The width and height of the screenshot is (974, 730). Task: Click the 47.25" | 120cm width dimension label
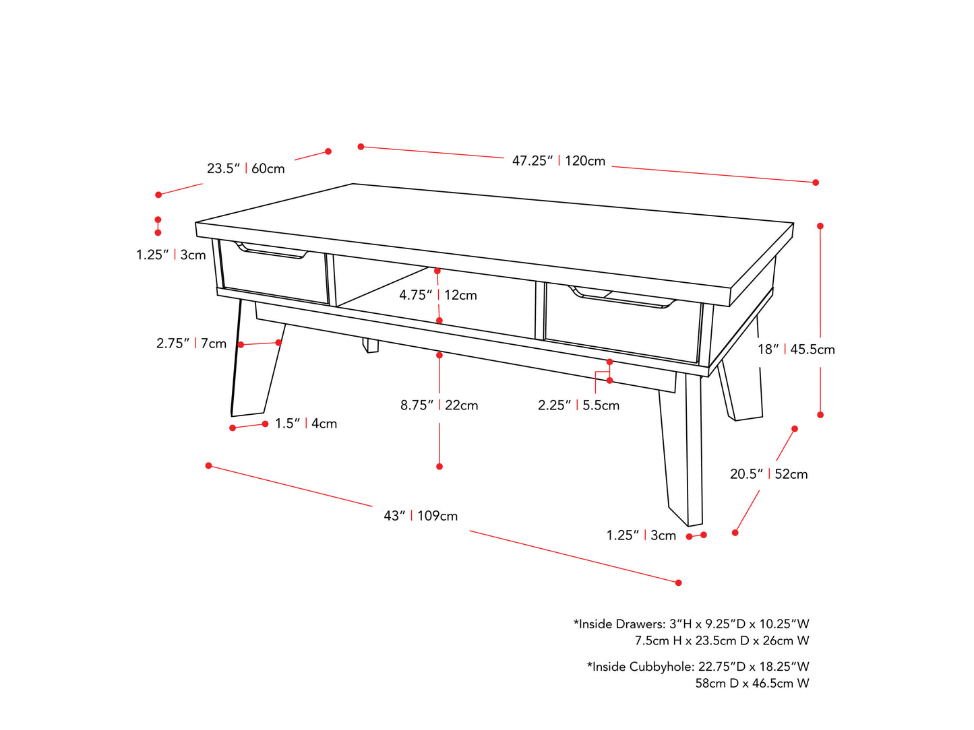coord(558,160)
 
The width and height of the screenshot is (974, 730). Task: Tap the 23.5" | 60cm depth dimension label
coord(245,168)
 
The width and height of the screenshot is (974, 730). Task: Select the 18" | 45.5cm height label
coord(796,350)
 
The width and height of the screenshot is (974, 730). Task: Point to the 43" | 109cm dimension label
coord(420,515)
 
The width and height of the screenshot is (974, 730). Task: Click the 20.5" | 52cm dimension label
coord(768,474)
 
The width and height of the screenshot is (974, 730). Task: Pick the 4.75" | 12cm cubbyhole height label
coord(438,295)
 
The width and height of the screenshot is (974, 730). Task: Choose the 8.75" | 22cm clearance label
coord(439,405)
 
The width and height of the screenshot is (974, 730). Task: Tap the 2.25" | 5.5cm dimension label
coord(578,405)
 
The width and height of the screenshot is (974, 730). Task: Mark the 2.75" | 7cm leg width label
coord(191,343)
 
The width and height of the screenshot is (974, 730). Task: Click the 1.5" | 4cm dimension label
coord(306,424)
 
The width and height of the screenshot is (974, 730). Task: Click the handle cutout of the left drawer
coord(271,251)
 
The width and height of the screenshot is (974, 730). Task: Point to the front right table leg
coord(681,448)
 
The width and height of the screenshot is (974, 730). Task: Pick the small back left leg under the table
coord(371,345)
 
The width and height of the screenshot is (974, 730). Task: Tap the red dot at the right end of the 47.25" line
coord(815,182)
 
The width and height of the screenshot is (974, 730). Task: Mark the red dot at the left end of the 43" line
coord(208,466)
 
